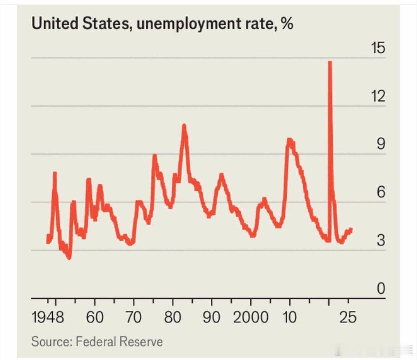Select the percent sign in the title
click(287, 24)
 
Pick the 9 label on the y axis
click(381, 144)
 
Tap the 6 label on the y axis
click(381, 192)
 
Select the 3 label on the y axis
click(381, 240)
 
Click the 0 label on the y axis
click(381, 289)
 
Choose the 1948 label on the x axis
click(48, 317)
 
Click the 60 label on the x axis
click(95, 317)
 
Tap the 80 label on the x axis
click(173, 317)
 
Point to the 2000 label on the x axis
click(250, 317)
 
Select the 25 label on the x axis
click(348, 317)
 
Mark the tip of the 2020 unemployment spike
click(330, 62)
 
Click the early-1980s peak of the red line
click(184, 125)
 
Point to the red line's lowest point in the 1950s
click(69, 258)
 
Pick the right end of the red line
click(351, 229)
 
